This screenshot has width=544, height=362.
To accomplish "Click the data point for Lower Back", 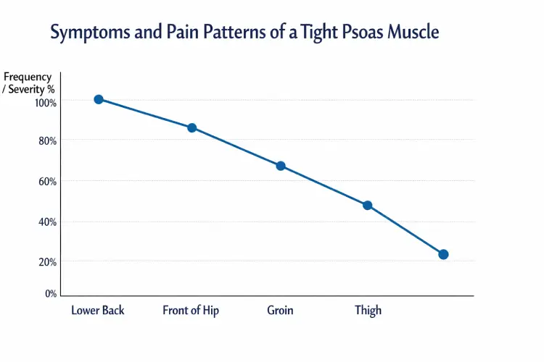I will point(99,99).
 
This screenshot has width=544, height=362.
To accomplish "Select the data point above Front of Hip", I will point(192,128).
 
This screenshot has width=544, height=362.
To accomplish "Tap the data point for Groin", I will point(281,166).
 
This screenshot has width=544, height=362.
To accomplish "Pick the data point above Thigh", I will point(368,206).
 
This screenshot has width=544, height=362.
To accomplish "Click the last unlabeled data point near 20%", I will point(443,254).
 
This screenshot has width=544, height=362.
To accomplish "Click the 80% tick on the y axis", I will point(47,141).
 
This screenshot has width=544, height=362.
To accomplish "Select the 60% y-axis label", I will point(47,181).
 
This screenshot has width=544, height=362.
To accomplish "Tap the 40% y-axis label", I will point(47,222).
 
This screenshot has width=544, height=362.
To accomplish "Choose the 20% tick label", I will point(47,261).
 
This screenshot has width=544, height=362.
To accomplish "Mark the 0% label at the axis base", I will point(50,294).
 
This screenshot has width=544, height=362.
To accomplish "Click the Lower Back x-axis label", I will point(98,311).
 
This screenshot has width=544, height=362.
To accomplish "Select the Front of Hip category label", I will point(191,311).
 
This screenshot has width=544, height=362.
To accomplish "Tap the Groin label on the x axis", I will point(280,311).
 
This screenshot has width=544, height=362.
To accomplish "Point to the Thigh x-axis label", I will point(368,311).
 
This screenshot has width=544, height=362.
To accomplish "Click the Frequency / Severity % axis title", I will point(28,83).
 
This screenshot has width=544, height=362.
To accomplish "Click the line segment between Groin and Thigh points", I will point(324,185).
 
